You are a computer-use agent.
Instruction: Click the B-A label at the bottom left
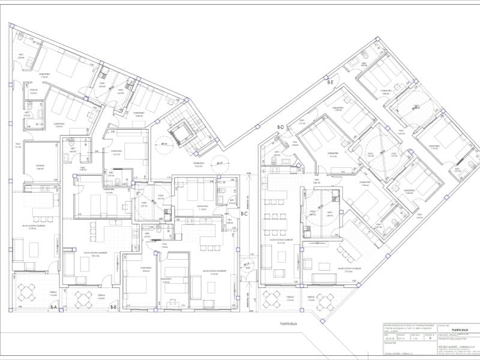53,308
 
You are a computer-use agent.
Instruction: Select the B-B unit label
113,307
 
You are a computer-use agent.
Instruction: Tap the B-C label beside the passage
244,214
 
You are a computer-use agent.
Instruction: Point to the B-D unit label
280,127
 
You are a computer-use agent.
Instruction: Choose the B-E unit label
330,82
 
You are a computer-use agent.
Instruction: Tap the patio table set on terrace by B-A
28,293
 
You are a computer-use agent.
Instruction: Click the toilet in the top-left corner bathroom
20,38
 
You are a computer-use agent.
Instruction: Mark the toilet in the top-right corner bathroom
363,56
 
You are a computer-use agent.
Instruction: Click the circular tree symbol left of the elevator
162,143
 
